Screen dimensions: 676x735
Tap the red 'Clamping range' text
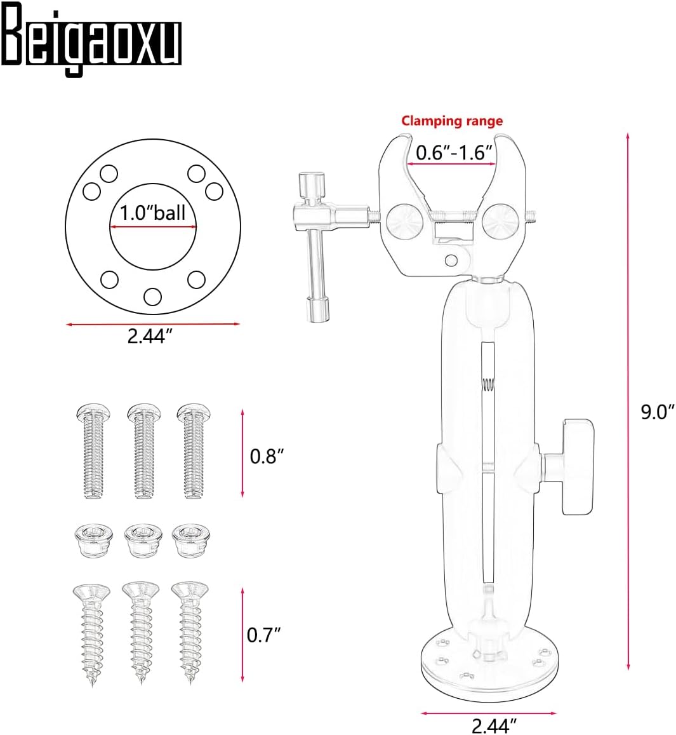click(x=451, y=121)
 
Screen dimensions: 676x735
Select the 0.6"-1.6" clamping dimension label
click(x=454, y=153)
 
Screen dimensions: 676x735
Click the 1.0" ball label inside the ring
click(x=153, y=213)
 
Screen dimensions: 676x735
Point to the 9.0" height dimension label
click(x=657, y=412)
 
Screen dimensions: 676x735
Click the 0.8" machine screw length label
click(x=267, y=455)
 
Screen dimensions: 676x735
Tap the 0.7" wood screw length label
click(x=263, y=635)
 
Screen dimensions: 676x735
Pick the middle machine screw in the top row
click(x=144, y=450)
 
